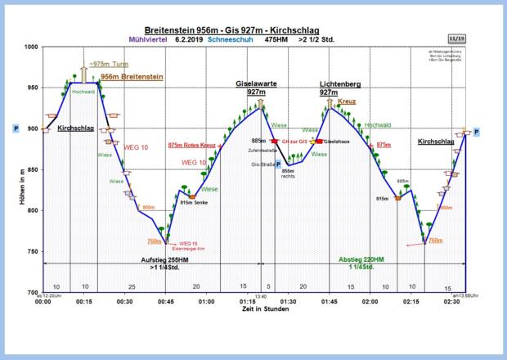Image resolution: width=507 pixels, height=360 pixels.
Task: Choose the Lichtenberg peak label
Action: tap(340, 88)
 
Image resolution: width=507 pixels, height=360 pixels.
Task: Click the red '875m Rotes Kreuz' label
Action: tap(191, 146)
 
